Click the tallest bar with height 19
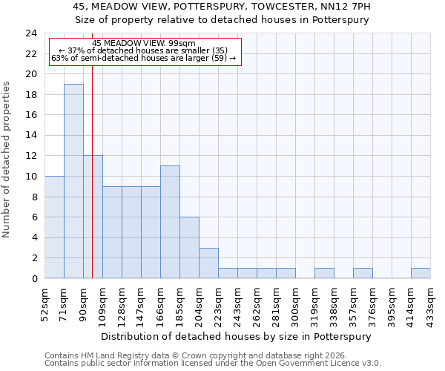73,181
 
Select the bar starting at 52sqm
54,227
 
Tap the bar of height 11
170,222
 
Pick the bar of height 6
189,248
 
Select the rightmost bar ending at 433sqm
421,273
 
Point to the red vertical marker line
92,185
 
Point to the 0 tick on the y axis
34,278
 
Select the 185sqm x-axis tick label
179,303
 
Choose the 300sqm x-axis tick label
295,303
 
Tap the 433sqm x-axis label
430,303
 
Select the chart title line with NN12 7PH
222,7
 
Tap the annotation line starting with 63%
144,58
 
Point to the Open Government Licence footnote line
213,364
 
